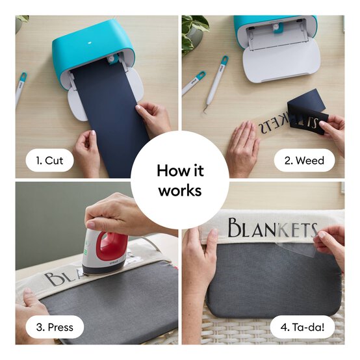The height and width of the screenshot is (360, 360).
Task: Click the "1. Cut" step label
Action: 49,161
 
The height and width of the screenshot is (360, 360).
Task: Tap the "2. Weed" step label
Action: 304,161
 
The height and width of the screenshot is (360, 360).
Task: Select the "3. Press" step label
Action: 55,327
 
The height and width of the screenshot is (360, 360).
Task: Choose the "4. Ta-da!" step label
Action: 302,327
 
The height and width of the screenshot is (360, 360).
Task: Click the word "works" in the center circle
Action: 180,190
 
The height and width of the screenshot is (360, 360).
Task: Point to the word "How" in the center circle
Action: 167,171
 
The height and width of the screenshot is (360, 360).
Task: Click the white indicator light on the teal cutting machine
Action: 90,42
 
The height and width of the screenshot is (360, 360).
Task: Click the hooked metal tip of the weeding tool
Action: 205,110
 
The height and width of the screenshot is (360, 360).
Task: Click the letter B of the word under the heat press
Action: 52,279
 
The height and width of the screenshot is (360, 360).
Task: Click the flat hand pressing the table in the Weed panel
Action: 244,147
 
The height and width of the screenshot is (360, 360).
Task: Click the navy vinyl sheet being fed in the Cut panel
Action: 110,115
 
